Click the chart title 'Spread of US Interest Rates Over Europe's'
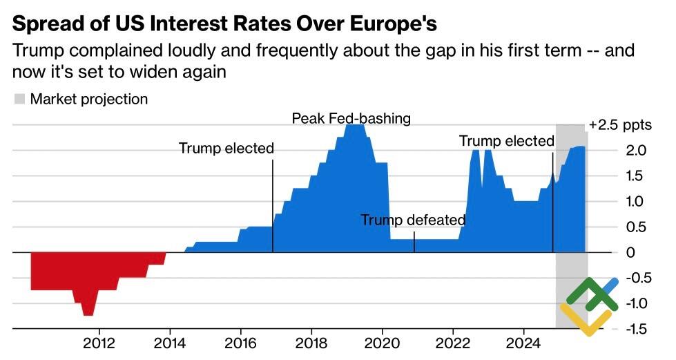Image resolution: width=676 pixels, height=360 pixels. [224, 25]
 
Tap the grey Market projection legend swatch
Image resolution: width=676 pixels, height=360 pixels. [19, 99]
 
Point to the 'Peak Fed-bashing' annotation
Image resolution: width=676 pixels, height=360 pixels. [351, 118]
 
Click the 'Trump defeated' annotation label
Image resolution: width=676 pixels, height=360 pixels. [413, 220]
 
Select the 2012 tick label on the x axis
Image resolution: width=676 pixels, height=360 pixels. [99, 343]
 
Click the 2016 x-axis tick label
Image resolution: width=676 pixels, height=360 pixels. [240, 343]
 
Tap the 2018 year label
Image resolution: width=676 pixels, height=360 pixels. [311, 343]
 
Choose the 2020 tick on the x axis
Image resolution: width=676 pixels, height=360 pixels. [382, 343]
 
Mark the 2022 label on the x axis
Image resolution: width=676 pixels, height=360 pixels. [453, 343]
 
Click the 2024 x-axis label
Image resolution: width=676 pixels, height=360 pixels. [523, 343]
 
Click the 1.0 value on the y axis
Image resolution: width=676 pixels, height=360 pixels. [637, 202]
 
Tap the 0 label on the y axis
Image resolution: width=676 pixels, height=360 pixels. [630, 253]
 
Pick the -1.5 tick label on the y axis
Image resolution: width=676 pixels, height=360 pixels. [635, 329]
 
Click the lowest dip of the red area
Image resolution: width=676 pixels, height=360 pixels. [88, 314]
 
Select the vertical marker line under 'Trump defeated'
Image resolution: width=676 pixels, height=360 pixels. [414, 242]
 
